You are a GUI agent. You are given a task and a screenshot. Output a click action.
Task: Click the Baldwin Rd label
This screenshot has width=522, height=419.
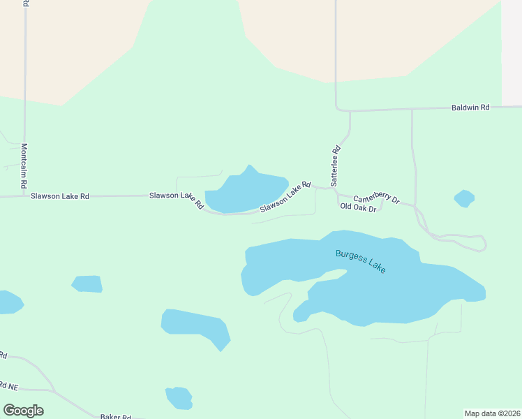tap(470, 108)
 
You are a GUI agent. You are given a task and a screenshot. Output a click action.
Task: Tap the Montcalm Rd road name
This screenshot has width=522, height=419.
tap(24, 166)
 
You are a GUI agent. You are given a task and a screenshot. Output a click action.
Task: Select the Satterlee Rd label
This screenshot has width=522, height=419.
tap(336, 159)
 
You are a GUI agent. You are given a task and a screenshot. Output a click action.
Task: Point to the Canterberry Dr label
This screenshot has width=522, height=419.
tap(376, 199)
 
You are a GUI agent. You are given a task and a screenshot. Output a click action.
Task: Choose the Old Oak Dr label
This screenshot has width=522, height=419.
tap(358, 207)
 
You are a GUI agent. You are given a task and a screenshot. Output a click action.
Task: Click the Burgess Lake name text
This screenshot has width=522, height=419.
tap(361, 261)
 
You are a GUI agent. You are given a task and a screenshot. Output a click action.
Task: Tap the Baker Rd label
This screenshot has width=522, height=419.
tap(116, 416)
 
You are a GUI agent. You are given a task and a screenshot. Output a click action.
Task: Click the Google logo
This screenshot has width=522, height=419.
tap(23, 411)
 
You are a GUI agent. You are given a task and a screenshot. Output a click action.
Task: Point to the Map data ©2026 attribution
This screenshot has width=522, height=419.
tap(493, 413)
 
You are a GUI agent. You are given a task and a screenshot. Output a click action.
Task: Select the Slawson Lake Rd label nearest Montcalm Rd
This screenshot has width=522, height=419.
tap(60, 196)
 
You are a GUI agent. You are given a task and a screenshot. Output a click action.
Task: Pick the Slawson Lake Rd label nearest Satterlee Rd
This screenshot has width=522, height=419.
tap(285, 198)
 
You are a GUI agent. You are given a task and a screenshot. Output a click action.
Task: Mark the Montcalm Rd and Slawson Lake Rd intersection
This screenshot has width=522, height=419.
tap(24, 196)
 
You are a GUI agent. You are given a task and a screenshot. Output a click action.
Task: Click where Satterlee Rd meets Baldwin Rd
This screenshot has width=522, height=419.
tap(337, 110)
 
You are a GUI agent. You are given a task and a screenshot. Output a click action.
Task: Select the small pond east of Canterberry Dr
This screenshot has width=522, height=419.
tap(464, 198)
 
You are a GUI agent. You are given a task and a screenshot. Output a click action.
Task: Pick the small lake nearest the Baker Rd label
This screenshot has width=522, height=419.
tap(179, 398)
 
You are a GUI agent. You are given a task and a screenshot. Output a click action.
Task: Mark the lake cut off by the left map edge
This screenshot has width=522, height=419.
tap(9, 302)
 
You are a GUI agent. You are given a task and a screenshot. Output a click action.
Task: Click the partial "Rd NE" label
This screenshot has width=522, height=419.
tap(8, 385)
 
